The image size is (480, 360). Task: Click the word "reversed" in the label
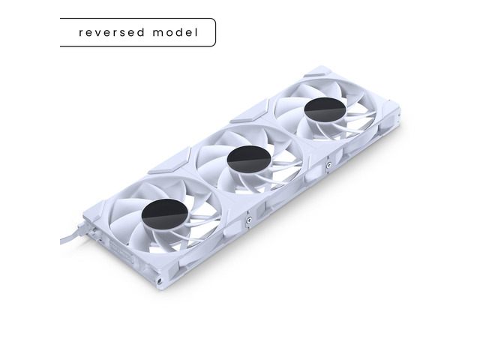[112, 32]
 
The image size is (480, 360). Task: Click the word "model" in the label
[175, 32]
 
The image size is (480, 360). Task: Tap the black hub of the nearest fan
[165, 214]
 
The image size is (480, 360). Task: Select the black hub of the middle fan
[249, 160]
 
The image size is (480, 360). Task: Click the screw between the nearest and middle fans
[249, 219]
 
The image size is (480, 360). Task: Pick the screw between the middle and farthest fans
[328, 165]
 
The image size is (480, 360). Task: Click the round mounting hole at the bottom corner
[160, 280]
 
